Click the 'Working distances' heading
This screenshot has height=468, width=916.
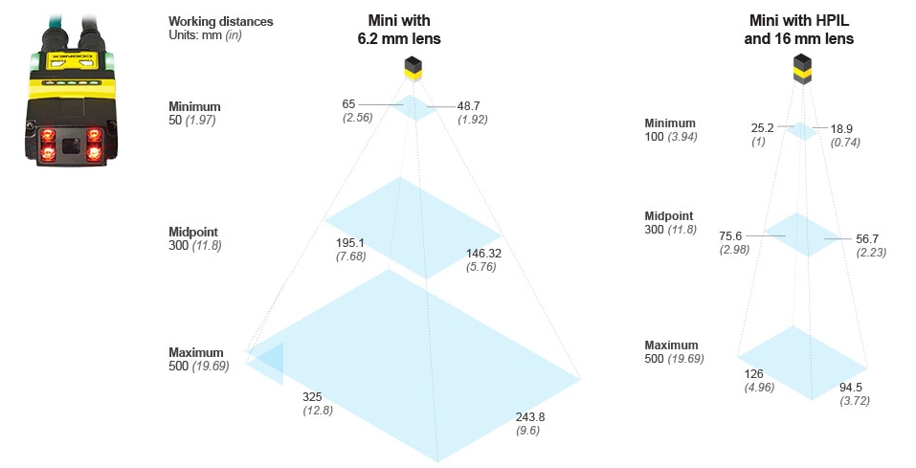220,21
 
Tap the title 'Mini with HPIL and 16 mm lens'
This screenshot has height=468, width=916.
798,30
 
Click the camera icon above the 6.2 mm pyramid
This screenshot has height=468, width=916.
413,67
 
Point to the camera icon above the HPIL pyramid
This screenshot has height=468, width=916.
800,68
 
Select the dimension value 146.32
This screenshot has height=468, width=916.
484,254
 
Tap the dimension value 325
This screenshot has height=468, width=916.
312,396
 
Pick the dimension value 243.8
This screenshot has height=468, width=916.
529,416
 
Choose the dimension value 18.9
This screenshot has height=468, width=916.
841,127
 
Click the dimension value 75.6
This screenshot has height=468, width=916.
732,235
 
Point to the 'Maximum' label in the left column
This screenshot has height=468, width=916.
195,352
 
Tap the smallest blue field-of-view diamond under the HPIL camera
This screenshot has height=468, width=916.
802,130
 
